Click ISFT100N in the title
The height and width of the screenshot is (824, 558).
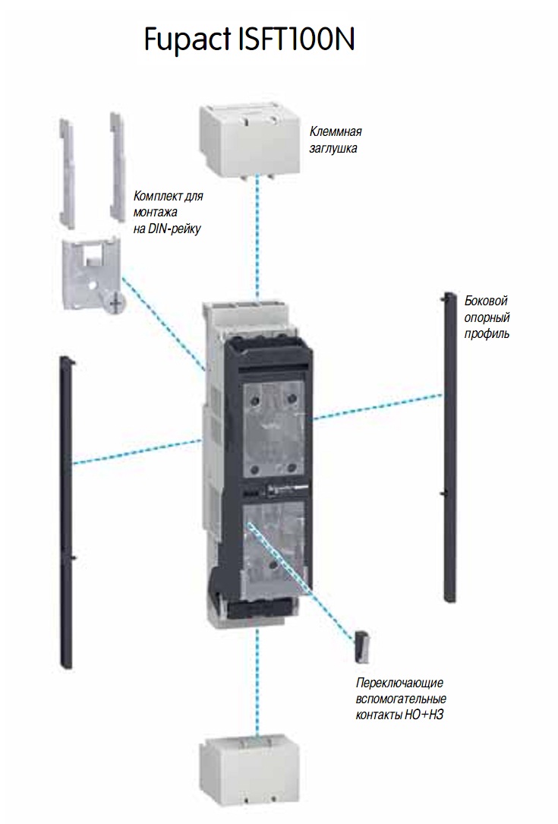point(296,37)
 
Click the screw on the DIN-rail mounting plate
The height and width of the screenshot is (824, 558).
point(115,303)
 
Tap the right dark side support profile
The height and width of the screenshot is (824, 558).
point(449,448)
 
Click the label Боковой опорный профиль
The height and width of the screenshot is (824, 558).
point(486,316)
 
